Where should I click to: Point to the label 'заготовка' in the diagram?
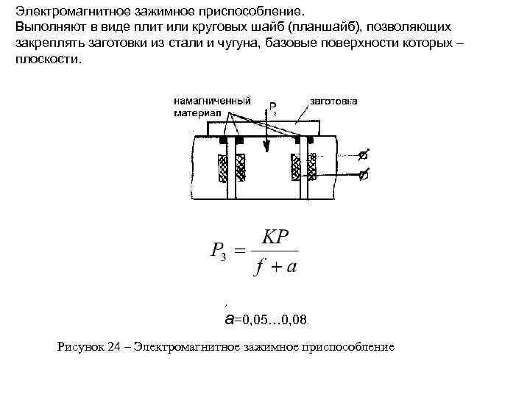333,101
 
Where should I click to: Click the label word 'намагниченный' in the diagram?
212,101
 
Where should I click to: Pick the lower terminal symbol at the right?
363,175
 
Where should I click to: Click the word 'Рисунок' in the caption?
77,346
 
